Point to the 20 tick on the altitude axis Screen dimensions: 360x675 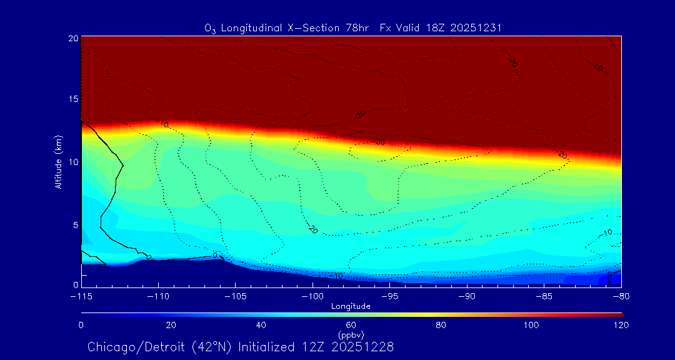point(72,38)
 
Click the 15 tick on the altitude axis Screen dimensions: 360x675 point(72,99)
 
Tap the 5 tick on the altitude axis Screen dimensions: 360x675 point(75,224)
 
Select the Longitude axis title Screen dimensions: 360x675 point(351,306)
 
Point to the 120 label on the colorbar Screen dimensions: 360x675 point(621,325)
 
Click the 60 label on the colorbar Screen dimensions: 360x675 point(351,325)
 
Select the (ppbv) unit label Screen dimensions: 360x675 point(351,335)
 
